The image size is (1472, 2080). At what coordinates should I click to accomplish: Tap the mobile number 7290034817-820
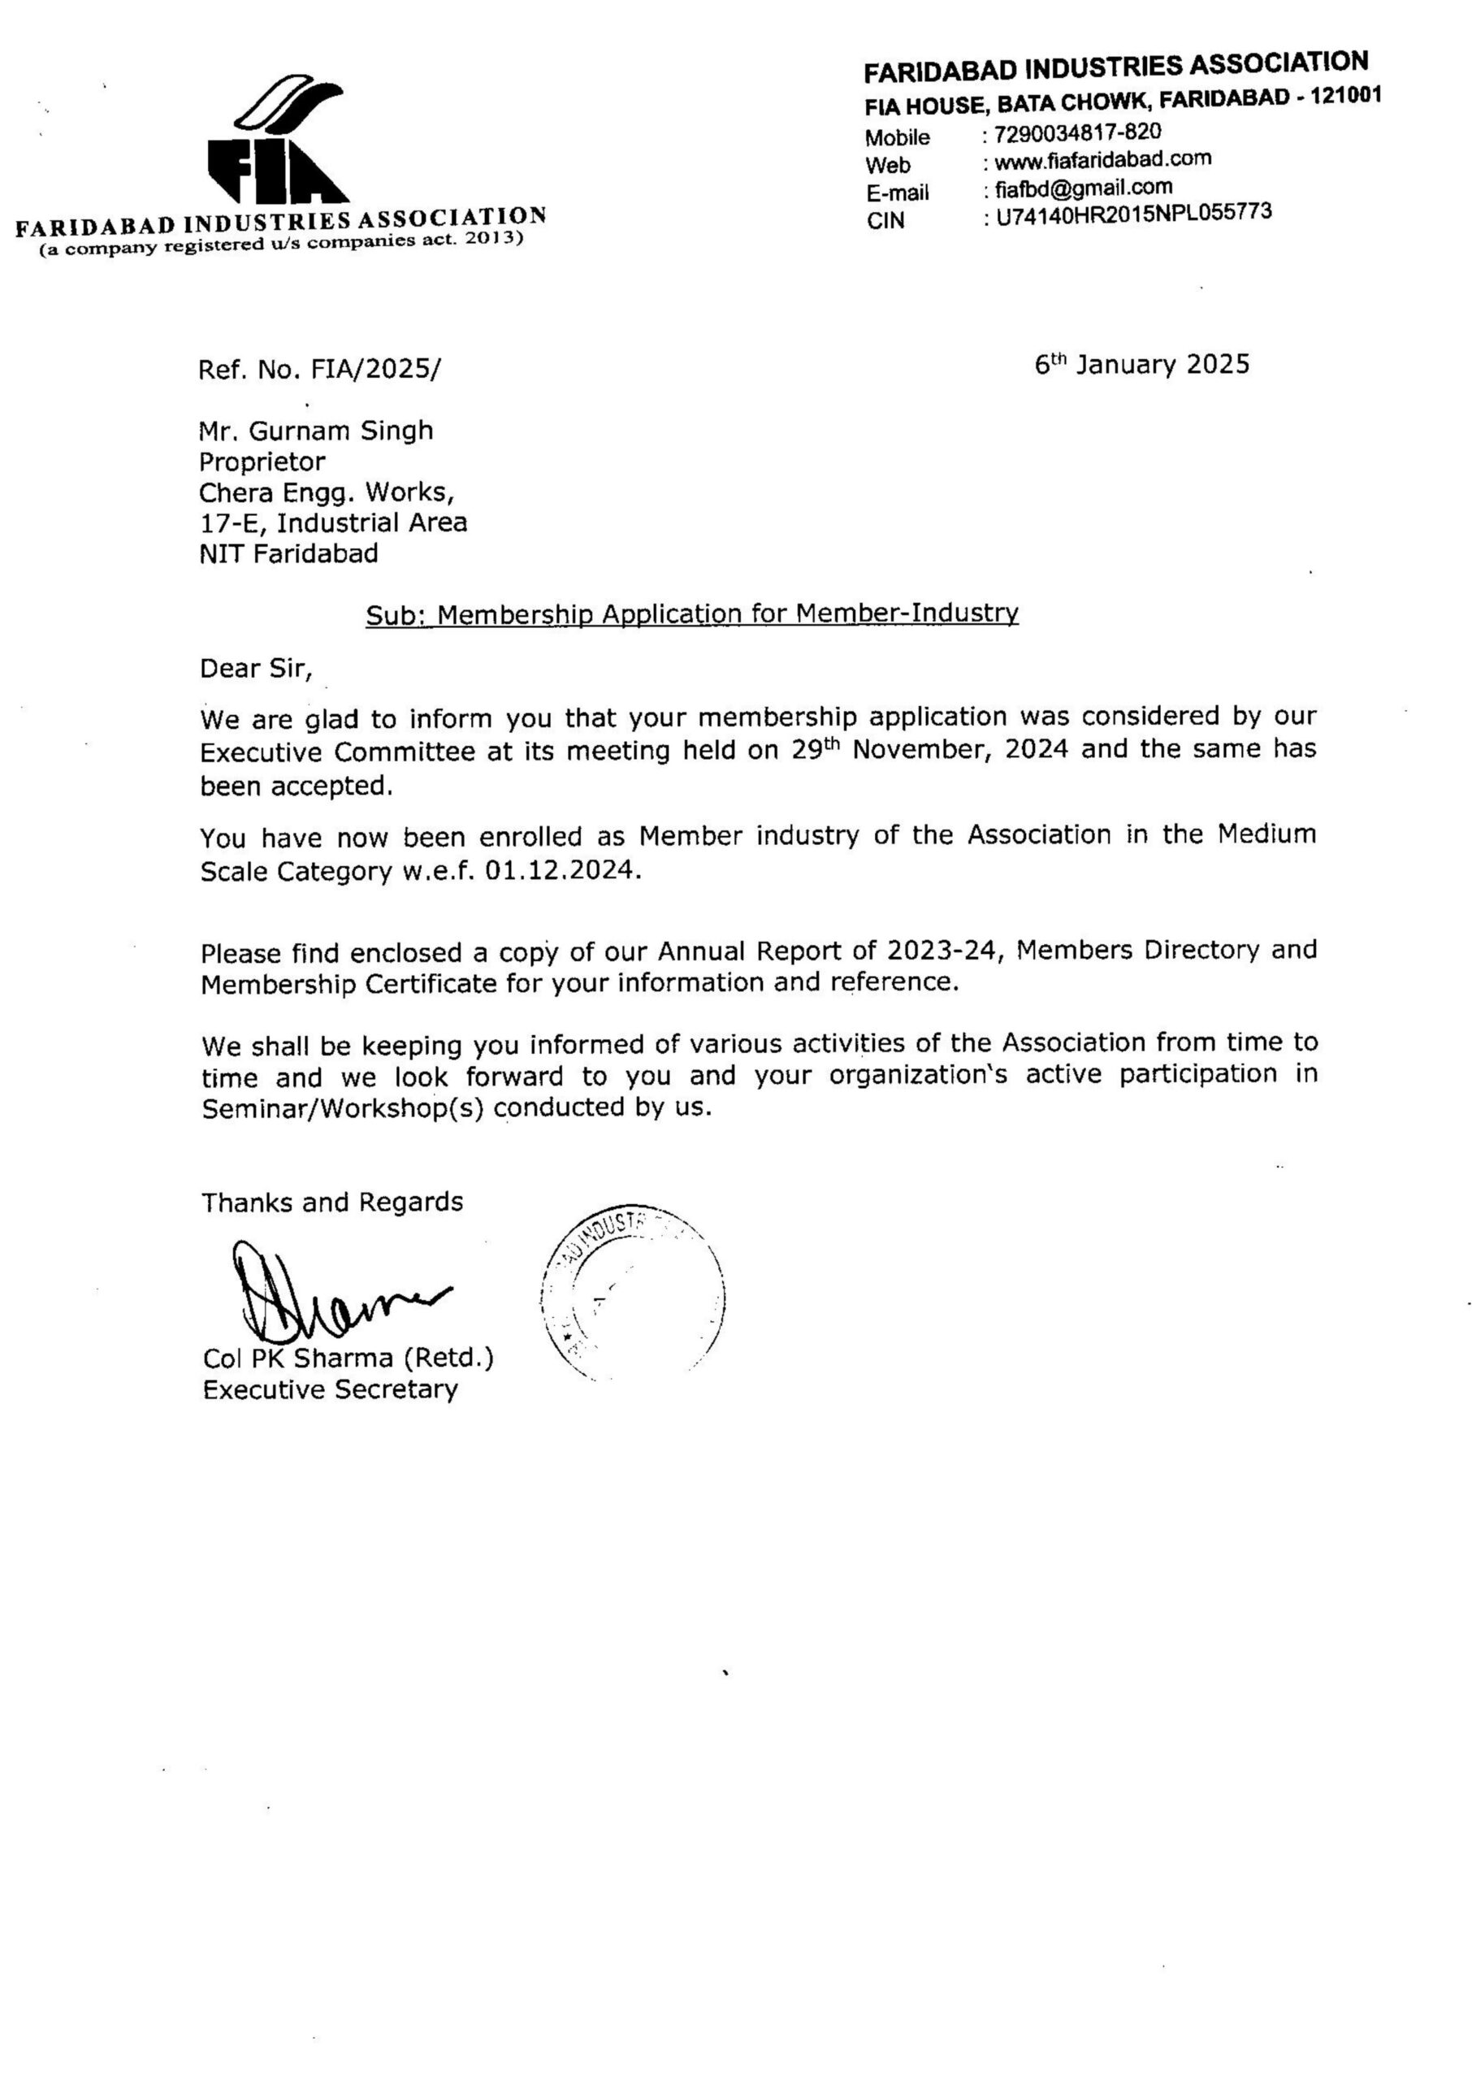click(1077, 132)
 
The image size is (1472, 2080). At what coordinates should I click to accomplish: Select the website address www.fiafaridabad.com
click(1102, 160)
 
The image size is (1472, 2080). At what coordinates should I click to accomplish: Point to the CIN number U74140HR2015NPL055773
click(1133, 214)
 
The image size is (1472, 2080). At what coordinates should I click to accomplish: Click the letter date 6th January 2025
click(1141, 364)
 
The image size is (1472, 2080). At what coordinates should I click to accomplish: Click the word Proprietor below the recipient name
click(262, 462)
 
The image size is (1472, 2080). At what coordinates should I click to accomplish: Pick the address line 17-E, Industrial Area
click(332, 523)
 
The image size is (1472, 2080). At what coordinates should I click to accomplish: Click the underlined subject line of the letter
click(691, 614)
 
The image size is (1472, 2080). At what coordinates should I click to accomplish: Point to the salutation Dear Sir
click(256, 669)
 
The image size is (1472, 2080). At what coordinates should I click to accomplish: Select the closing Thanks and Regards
click(331, 1202)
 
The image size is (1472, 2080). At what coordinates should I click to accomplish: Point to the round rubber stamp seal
click(633, 1297)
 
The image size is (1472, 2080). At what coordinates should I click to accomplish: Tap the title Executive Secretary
click(330, 1389)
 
